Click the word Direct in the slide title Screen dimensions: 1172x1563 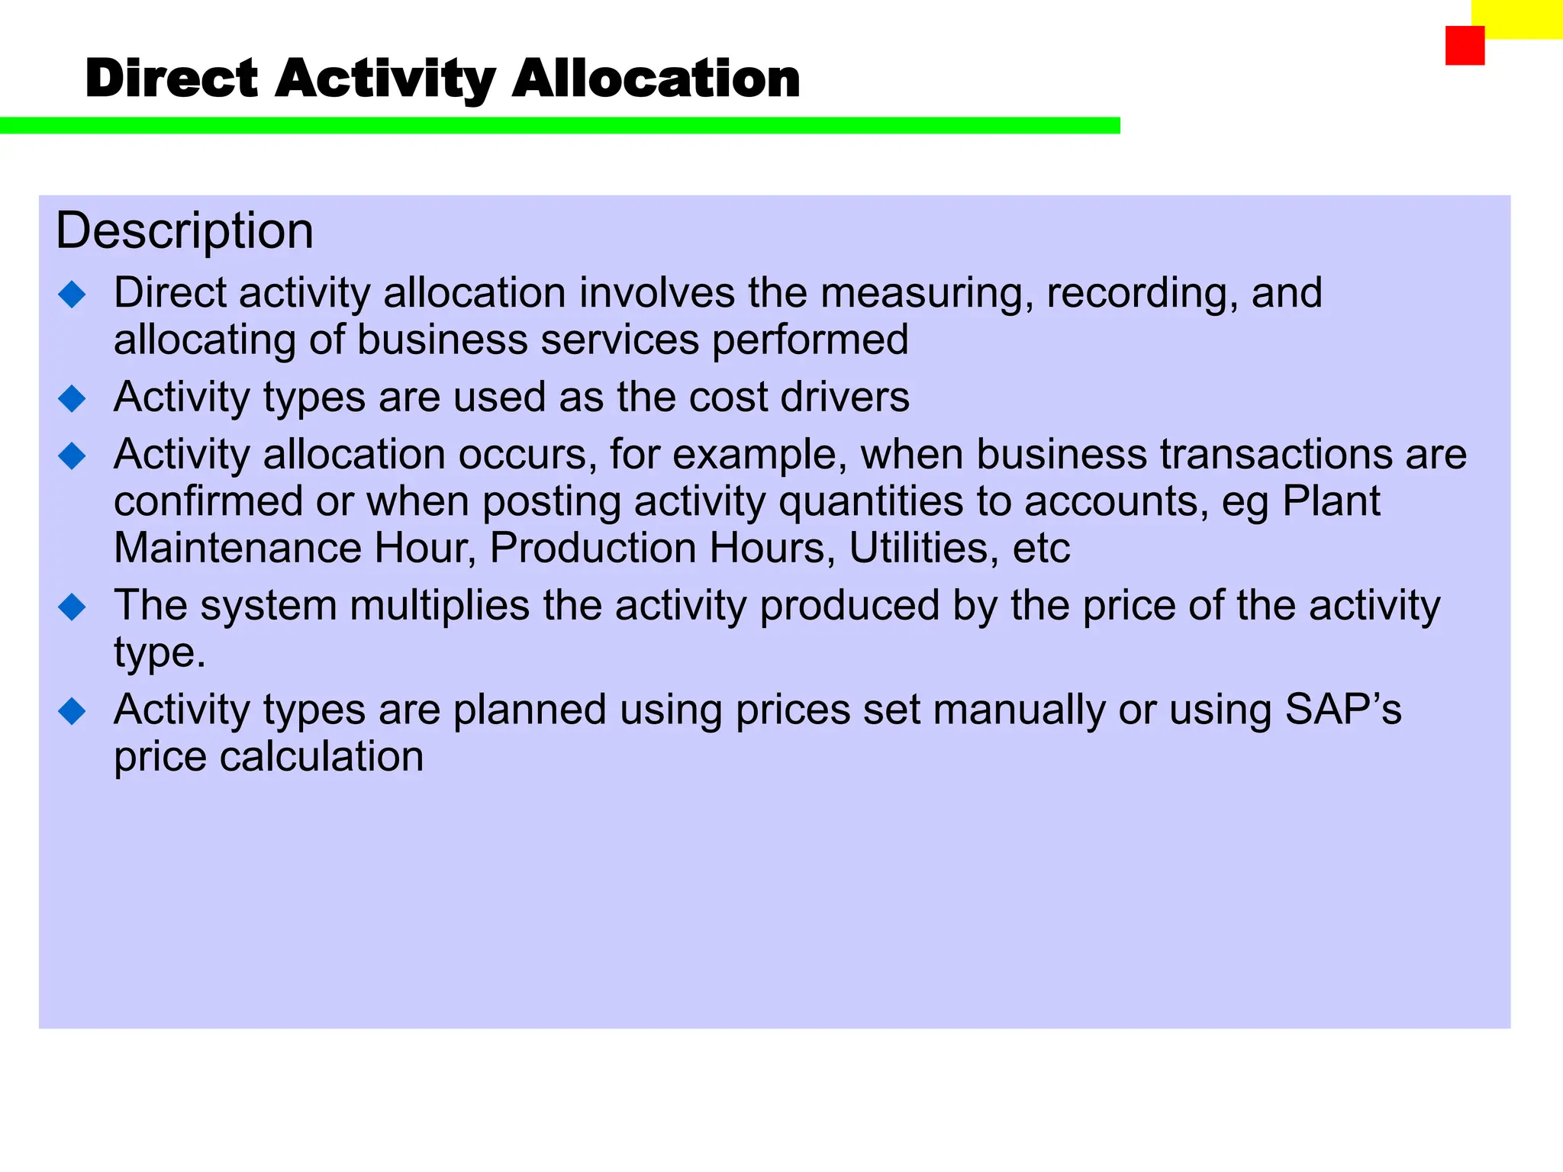[172, 79]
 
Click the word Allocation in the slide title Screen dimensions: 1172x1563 [656, 79]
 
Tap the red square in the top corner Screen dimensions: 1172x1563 [1465, 46]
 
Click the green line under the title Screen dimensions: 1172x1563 [559, 126]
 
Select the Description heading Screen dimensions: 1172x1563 [185, 231]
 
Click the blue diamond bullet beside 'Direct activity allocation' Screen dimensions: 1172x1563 [73, 295]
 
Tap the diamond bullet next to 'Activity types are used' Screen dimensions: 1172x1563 [73, 398]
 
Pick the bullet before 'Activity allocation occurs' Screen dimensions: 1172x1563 [73, 456]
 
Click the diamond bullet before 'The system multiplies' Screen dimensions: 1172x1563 [73, 607]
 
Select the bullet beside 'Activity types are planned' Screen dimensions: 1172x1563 [73, 711]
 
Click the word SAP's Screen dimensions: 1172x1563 [1343, 710]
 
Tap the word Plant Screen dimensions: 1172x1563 [1331, 501]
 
